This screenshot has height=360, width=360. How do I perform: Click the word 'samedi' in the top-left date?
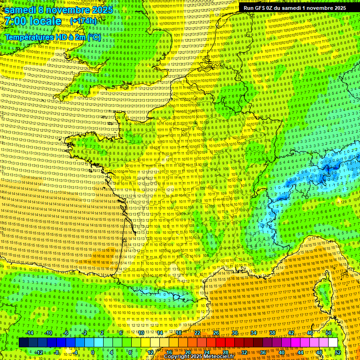tap(21, 10)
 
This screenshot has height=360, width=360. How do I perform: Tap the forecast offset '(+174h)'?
tap(83, 21)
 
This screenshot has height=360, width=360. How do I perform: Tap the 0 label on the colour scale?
tap(92, 352)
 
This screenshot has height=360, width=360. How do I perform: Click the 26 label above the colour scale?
tap(216, 333)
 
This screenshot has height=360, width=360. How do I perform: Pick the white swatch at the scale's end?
tap(333, 343)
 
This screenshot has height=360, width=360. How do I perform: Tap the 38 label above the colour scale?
tap(272, 333)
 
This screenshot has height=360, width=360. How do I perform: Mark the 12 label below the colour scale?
tap(150, 352)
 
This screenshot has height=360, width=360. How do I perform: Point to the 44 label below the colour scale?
tap(300, 352)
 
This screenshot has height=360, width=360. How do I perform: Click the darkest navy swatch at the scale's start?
tap(23, 343)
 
